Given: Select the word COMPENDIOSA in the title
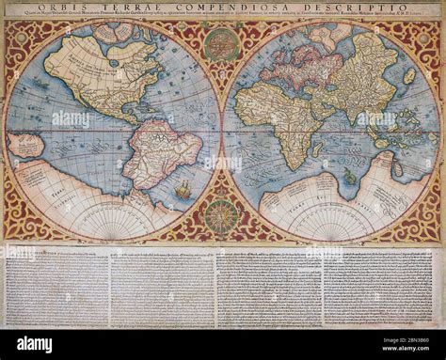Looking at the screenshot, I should click(242, 9).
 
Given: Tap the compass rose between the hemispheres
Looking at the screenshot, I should click(222, 215).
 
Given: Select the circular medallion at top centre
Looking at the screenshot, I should click(221, 43).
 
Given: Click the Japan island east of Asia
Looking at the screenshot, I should click(408, 75).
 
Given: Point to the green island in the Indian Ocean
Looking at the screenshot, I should click(349, 176).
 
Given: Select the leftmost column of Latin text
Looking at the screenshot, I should click(56, 287).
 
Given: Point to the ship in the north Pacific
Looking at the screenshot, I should click(38, 85).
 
